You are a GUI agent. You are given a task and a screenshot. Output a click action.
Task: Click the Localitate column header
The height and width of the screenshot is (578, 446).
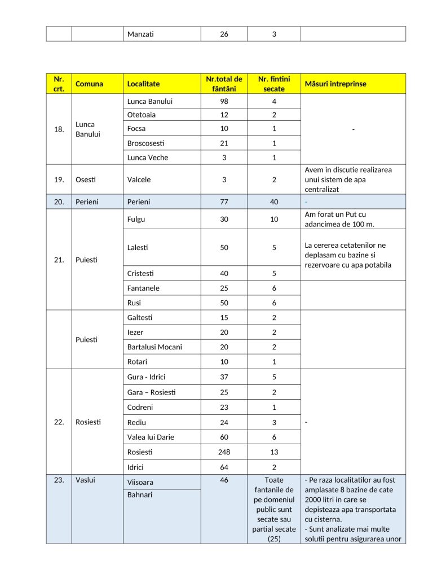tap(144, 84)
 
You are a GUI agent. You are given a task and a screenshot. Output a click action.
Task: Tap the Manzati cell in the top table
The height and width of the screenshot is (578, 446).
tap(140, 34)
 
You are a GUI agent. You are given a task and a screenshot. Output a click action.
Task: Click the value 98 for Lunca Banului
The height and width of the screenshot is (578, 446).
tap(224, 102)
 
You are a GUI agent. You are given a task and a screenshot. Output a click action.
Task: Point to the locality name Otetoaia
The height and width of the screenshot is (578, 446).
tap(140, 115)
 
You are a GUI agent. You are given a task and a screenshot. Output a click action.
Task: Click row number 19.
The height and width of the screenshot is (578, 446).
tap(59, 179)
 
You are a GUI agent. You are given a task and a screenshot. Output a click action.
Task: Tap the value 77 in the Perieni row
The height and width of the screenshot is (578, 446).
tap(224, 202)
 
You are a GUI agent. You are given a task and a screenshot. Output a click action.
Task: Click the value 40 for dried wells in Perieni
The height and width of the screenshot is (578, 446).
tap(274, 202)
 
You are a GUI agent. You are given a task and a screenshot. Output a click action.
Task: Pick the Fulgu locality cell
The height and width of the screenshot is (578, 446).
tap(136, 219)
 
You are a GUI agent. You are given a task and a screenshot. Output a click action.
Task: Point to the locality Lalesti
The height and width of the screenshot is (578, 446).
tap(138, 247)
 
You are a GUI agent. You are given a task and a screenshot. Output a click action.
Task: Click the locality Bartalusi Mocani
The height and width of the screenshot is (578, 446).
tap(154, 347)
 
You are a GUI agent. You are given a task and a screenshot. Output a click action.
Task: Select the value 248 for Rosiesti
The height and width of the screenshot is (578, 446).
tap(224, 452)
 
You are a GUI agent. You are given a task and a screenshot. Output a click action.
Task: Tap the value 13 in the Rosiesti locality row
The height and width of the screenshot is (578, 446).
tap(274, 452)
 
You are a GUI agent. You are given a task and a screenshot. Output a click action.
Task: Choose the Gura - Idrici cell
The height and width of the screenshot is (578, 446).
tap(146, 376)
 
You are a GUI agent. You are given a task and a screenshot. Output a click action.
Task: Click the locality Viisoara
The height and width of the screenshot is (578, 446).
tap(140, 482)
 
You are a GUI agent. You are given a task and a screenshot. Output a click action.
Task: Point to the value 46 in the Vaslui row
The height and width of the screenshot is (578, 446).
tap(224, 480)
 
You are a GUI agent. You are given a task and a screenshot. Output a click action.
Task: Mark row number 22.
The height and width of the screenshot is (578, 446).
tap(59, 422)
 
